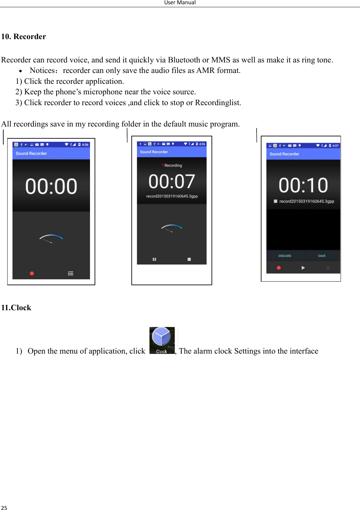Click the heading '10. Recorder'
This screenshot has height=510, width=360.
point(24,36)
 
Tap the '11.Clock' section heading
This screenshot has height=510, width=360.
point(16,308)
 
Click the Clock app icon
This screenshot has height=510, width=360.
point(162,340)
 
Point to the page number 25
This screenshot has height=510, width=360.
point(4,508)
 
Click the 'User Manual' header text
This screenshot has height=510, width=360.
point(180,3)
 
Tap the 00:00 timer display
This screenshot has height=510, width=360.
point(51,186)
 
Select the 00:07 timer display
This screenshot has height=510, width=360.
point(172,181)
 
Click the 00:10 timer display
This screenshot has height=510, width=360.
point(303,185)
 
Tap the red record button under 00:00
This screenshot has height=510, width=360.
point(32,273)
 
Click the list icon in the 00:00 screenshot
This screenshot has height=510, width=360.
point(71,273)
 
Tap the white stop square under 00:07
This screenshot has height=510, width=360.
point(189,259)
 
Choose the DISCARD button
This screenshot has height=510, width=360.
point(285,256)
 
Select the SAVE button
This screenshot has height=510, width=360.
point(322,256)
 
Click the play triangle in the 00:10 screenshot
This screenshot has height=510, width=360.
point(303,268)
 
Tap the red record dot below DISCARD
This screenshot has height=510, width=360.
point(279,268)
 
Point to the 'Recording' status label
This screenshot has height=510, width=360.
point(173,165)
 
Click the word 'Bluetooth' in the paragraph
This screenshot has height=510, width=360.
point(184,60)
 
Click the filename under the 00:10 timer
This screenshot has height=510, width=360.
point(306,201)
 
